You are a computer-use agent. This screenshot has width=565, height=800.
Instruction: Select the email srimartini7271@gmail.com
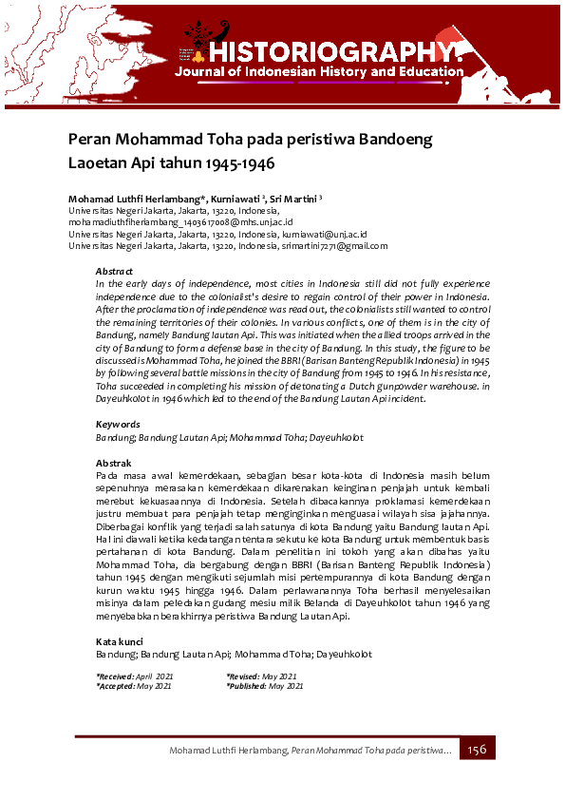coord(333,246)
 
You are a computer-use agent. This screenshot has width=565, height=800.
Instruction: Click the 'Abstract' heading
coord(114,272)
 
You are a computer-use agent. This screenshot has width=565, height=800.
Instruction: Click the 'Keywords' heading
coord(118,425)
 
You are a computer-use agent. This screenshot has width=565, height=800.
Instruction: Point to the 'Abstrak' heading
coord(113,462)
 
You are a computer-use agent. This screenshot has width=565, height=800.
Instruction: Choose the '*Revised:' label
coord(245,676)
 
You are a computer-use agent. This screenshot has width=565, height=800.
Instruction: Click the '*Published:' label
coord(247,685)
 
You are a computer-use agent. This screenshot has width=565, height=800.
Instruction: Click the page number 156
coord(477,750)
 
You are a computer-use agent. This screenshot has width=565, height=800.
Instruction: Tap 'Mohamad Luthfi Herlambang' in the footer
coord(228,752)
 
